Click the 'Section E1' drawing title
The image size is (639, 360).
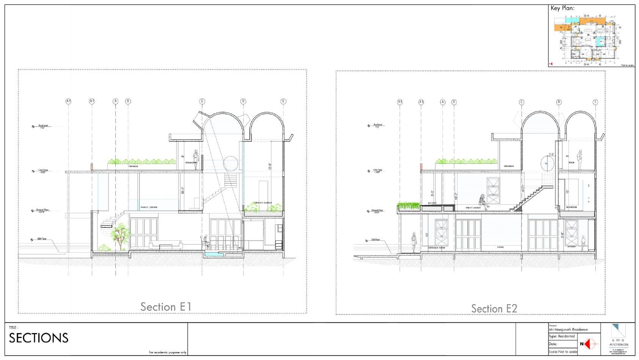click(166, 306)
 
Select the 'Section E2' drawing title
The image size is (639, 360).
click(494, 308)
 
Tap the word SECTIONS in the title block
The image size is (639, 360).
click(39, 338)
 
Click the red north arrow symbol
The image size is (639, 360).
click(586, 344)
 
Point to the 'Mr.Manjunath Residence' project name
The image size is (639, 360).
click(568, 330)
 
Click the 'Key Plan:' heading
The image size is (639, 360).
click(562, 8)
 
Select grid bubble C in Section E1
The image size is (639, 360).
click(202, 101)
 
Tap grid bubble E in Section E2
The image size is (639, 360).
click(595, 102)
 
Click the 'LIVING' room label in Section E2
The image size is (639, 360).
click(500, 247)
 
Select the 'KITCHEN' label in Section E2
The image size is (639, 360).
click(571, 247)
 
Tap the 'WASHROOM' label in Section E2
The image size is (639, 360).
click(571, 207)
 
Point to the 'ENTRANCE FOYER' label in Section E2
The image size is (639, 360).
click(436, 248)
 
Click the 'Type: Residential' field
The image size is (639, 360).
click(562, 336)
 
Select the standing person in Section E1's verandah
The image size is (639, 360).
click(196, 156)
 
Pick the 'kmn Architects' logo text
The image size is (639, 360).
click(619, 343)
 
